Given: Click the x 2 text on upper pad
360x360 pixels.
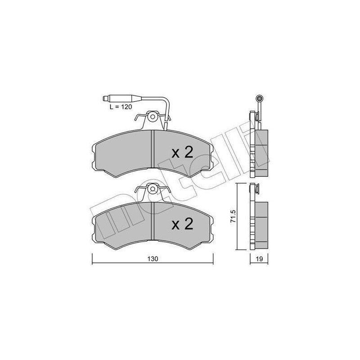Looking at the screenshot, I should coord(182,152).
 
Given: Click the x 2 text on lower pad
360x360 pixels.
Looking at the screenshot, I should coord(182,224).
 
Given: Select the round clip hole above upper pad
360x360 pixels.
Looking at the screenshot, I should coord(153,117).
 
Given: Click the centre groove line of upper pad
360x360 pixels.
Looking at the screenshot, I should coord(154,150).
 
